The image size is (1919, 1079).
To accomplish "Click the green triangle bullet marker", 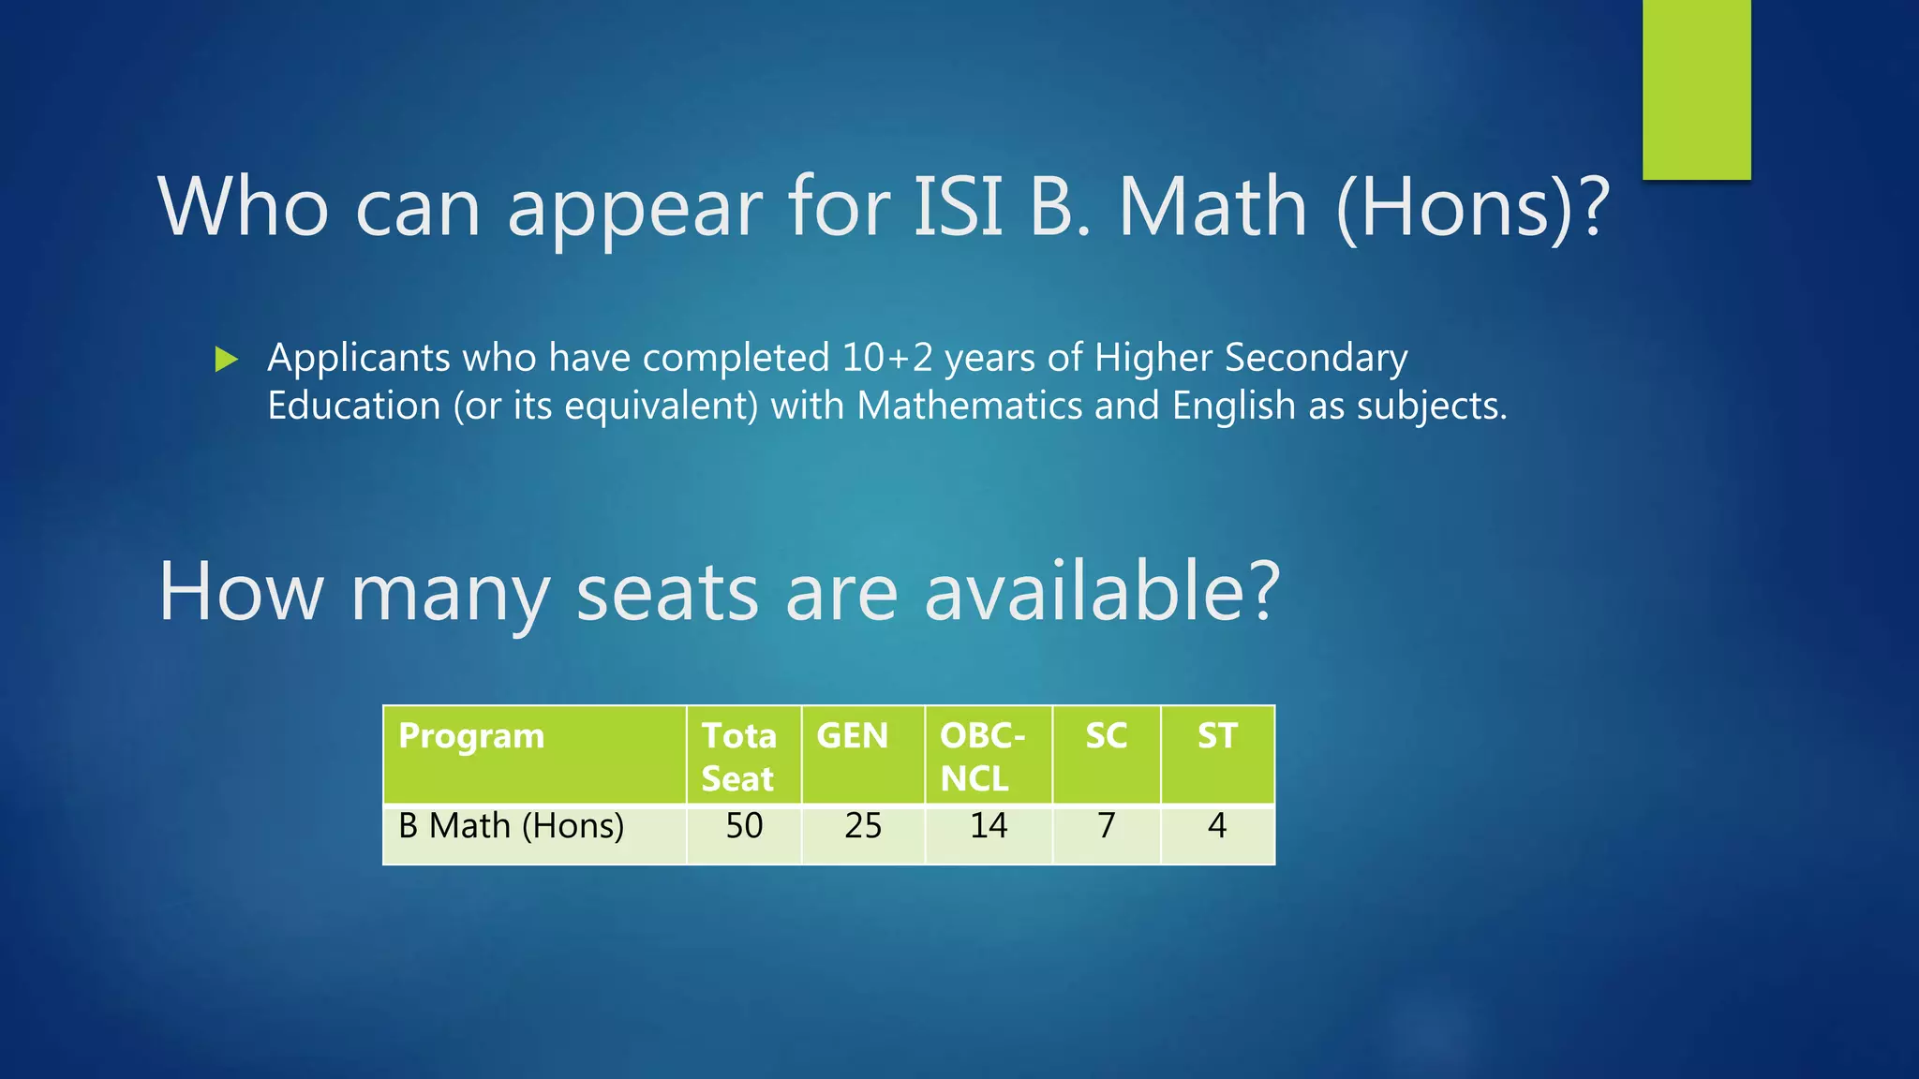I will [x=226, y=359].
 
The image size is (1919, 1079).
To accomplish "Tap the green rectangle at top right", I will [x=1696, y=89].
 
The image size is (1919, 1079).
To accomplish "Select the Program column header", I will [x=471, y=736].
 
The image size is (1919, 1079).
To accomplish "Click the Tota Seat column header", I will [x=739, y=757].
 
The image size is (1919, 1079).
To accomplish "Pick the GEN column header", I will [x=852, y=736].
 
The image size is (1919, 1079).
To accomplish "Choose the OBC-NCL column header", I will [x=982, y=757].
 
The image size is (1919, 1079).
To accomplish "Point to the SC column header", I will [x=1106, y=736].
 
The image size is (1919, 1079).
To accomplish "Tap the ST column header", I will [x=1217, y=736].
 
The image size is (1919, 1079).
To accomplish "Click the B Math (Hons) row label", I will [x=511, y=826].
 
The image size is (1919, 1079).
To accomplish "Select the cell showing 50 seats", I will [x=744, y=826].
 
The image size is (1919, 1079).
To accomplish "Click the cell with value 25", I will [x=862, y=826].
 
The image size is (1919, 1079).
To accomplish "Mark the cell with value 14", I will [x=988, y=826].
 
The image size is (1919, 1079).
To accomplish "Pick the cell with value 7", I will [x=1106, y=826].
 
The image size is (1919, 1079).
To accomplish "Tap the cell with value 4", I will [x=1216, y=826].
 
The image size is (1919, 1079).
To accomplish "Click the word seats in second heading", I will [x=666, y=592].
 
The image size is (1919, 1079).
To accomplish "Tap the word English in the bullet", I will [x=1233, y=406].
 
